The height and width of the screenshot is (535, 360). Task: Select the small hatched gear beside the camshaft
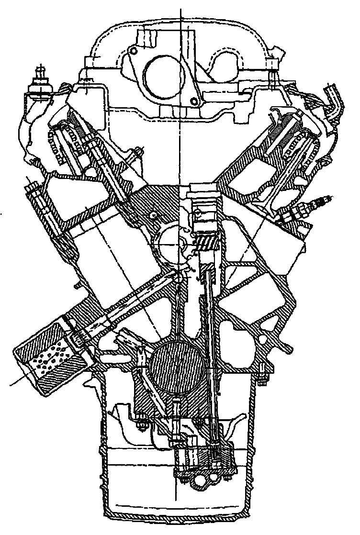click(207, 243)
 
